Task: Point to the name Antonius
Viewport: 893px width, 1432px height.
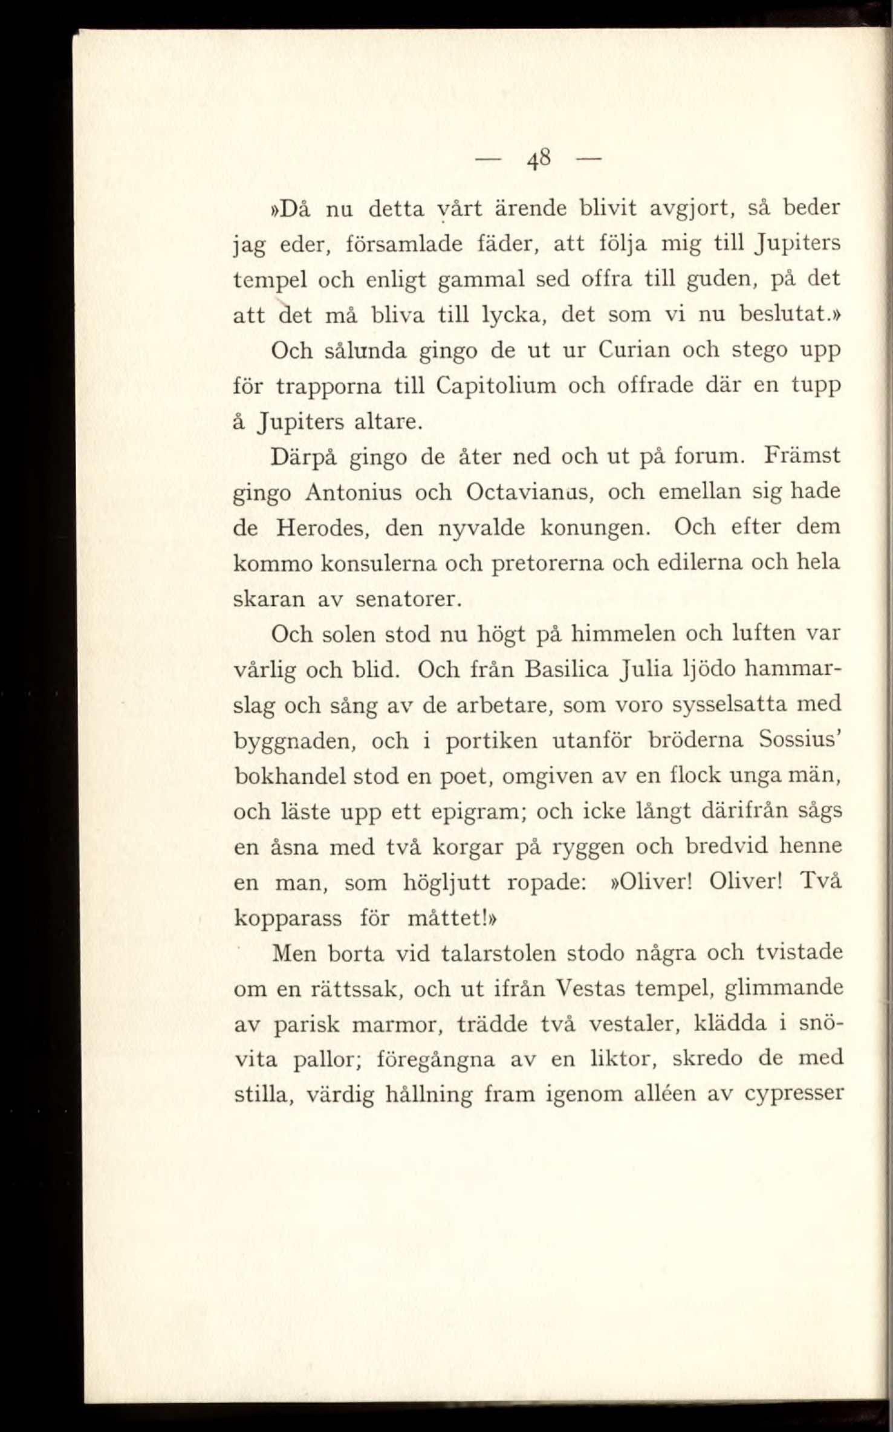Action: click(x=354, y=492)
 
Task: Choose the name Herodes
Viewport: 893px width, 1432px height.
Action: click(x=319, y=528)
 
